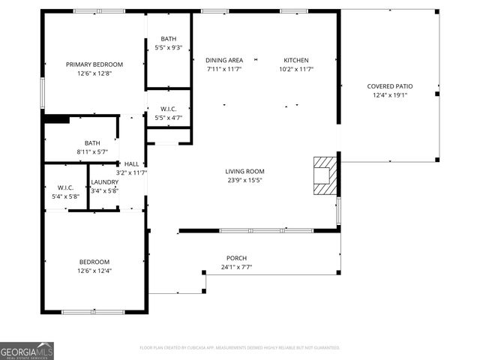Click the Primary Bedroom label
pyautogui.click(x=94, y=64)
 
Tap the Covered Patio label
pyautogui.click(x=387, y=86)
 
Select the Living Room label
pyautogui.click(x=245, y=171)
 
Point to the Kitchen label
pyautogui.click(x=295, y=60)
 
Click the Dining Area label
pyautogui.click(x=224, y=60)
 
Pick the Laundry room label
pyautogui.click(x=104, y=182)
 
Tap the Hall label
pyautogui.click(x=131, y=163)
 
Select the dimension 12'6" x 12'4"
pyautogui.click(x=94, y=270)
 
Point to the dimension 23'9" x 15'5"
pyautogui.click(x=245, y=180)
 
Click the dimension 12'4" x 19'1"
pyautogui.click(x=387, y=95)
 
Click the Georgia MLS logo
pyautogui.click(x=27, y=350)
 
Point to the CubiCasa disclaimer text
pyautogui.click(x=240, y=347)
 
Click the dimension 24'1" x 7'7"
pyautogui.click(x=236, y=267)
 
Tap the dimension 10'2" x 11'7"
pyautogui.click(x=295, y=69)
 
